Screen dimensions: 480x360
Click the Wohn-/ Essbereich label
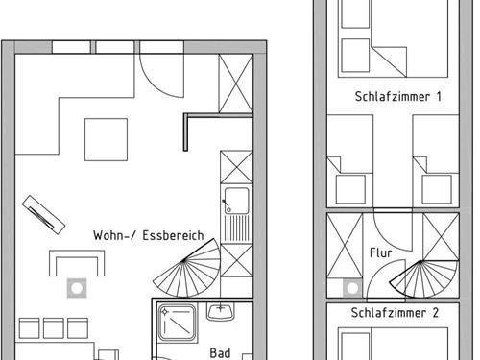149,235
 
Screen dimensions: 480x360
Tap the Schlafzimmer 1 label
398,96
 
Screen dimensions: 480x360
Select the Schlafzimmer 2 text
395,313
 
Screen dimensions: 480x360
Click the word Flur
381,252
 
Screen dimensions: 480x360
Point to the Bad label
220,353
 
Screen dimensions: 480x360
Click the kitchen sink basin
237,201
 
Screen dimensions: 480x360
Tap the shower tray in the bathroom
177,323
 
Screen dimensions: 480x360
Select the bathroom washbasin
221,312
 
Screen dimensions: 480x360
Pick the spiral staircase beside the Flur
424,279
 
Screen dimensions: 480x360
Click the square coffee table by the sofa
106,139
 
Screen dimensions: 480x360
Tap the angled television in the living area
44,215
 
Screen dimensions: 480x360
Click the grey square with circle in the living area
77,288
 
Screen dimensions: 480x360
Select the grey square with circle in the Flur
352,288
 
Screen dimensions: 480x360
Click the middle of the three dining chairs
54,328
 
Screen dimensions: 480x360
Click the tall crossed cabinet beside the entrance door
236,84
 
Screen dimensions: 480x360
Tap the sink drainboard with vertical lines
237,228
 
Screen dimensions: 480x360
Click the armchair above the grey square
77,263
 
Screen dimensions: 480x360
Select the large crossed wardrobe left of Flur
345,246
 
